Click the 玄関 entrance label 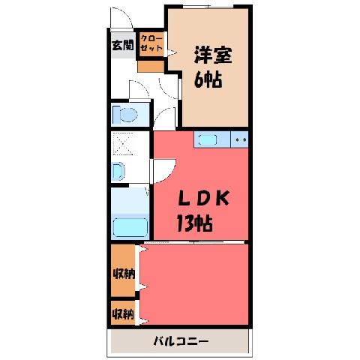click(122, 45)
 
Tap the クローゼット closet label click(151, 43)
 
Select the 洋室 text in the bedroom click(213, 55)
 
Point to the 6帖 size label click(208, 79)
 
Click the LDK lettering click(203, 198)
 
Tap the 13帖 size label click(195, 223)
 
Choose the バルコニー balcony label click(181, 341)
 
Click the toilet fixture click(125, 115)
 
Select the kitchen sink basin click(208, 139)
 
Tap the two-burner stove click(239, 139)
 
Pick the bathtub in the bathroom click(130, 227)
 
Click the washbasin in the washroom click(118, 171)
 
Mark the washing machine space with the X click(122, 144)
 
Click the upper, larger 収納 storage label click(124, 274)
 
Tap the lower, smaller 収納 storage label click(124, 313)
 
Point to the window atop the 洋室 click(208, 7)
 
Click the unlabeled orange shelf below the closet click(151, 67)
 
